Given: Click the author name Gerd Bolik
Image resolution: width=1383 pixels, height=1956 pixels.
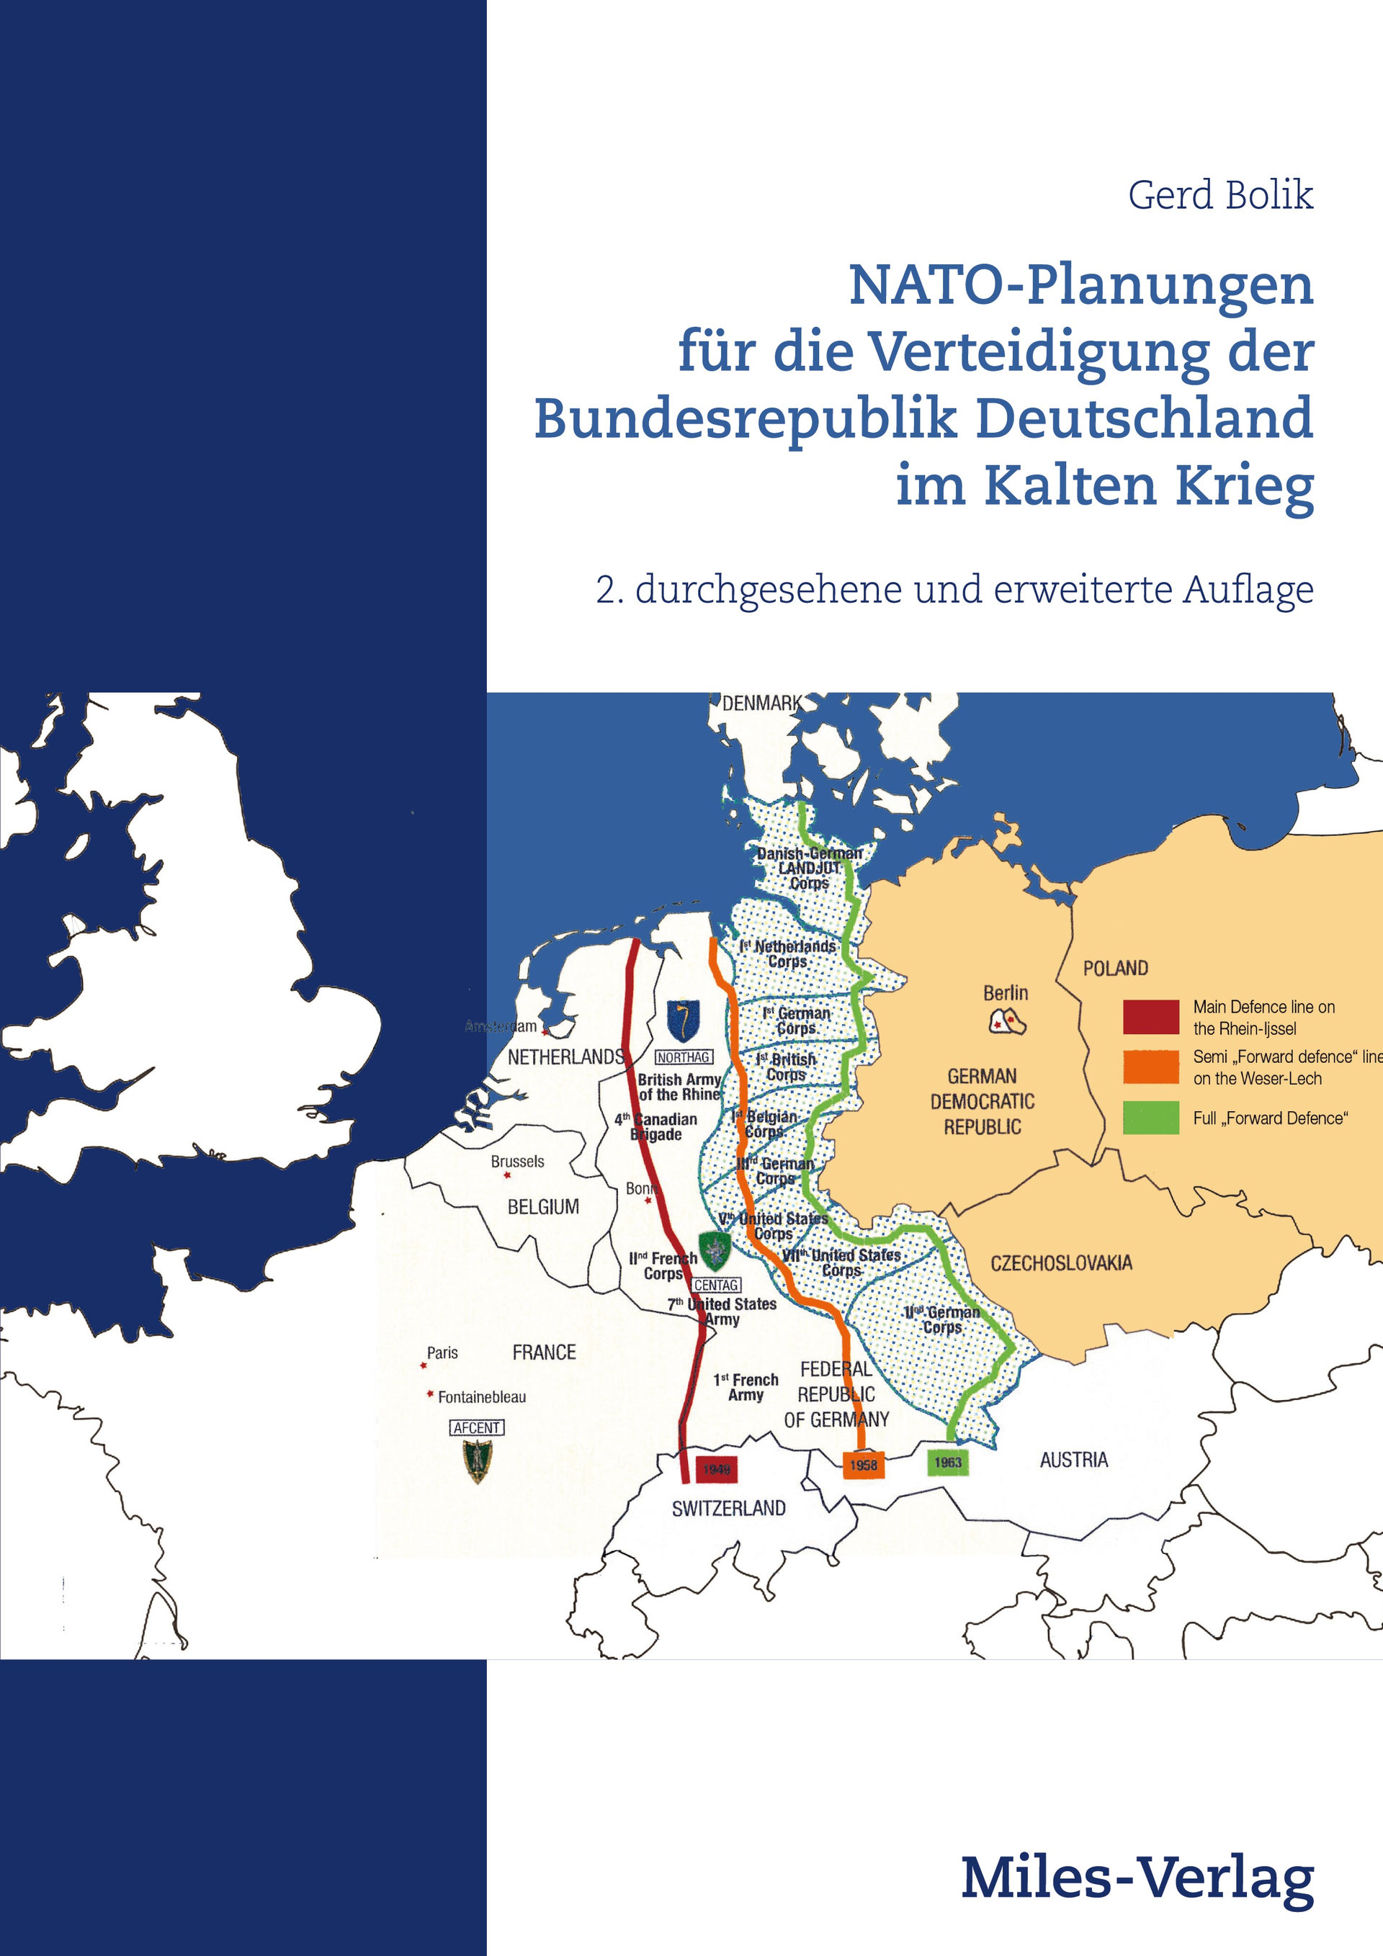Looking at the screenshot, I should point(1219,195).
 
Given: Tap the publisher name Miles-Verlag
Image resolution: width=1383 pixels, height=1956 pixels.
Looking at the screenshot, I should point(1137,1878).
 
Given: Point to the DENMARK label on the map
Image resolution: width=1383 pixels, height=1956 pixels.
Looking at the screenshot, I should point(761,703).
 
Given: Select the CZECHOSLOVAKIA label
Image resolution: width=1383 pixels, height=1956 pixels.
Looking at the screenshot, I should point(1061,1262).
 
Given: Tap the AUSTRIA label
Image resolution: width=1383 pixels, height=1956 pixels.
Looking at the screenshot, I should point(1074,1461).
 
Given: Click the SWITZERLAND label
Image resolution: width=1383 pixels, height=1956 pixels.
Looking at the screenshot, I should point(728,1509).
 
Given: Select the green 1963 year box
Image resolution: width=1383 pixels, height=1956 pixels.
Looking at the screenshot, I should point(947,1462).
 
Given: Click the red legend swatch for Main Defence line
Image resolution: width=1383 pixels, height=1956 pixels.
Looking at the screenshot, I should point(1150,1016).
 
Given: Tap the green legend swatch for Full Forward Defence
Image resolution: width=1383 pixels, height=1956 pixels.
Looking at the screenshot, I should point(1150,1118).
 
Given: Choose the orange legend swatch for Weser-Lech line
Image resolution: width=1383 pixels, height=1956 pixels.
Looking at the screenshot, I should point(1150,1067).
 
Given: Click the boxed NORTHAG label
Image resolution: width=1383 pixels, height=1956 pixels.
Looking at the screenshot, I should point(684,1057).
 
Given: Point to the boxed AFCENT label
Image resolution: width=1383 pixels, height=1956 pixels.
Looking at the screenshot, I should point(476,1428).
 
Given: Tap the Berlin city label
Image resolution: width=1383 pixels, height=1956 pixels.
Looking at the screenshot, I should point(1006,992).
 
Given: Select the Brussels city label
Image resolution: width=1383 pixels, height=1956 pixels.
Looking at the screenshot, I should point(517,1161).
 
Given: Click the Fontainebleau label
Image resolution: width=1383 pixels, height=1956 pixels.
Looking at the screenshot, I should point(481,1397).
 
